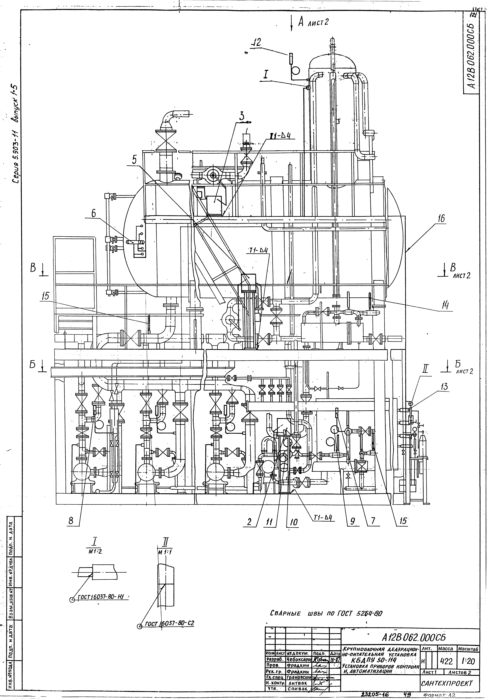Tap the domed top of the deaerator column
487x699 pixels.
click(x=332, y=61)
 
